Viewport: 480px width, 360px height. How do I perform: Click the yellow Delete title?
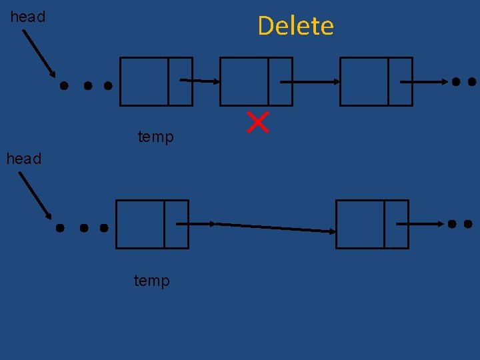click(295, 26)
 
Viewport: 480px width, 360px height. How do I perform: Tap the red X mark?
click(258, 122)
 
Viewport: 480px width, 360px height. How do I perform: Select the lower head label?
click(24, 159)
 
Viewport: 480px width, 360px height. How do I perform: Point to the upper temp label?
click(155, 137)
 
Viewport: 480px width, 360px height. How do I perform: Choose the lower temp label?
click(152, 281)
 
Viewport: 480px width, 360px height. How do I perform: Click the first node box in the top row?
click(156, 81)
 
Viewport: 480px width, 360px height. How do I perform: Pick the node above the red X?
click(256, 81)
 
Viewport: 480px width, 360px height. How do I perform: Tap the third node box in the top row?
click(376, 81)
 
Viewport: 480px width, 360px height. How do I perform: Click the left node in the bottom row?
click(152, 224)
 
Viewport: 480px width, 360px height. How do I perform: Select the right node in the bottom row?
click(372, 224)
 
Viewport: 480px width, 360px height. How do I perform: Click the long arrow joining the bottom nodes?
click(273, 227)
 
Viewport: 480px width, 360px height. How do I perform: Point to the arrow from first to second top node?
click(199, 81)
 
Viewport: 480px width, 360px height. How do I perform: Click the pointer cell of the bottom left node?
click(176, 224)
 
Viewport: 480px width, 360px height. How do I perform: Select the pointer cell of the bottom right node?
click(396, 224)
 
